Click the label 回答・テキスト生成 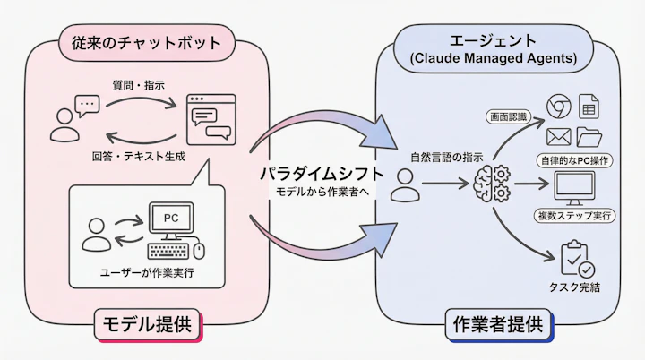pyautogui.click(x=138, y=156)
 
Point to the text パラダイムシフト pyautogui.click(x=322, y=173)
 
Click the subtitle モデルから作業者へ pyautogui.click(x=322, y=193)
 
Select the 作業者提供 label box pyautogui.click(x=498, y=324)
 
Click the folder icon pyautogui.click(x=589, y=137)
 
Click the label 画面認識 pyautogui.click(x=508, y=117)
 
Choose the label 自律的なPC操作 pyautogui.click(x=574, y=160)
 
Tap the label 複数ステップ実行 pyautogui.click(x=574, y=216)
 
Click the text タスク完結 pyautogui.click(x=574, y=287)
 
